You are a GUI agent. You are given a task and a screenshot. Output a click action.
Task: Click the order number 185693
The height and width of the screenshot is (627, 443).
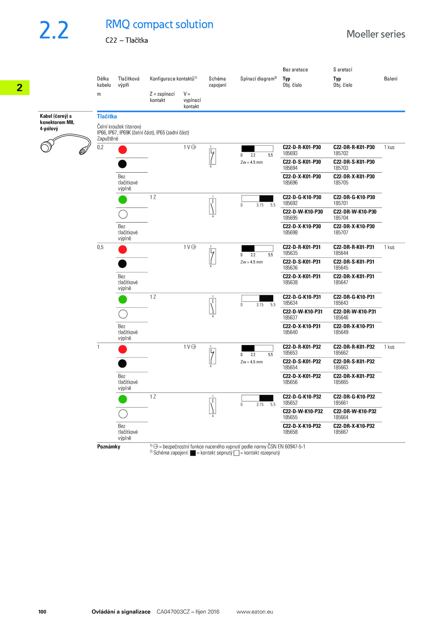click(x=290, y=153)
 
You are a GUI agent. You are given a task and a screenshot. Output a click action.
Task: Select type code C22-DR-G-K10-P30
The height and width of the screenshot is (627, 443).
click(x=354, y=197)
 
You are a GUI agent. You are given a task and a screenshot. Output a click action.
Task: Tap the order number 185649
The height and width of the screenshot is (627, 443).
click(x=341, y=332)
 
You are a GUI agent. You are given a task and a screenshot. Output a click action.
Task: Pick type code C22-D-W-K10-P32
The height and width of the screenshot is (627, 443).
click(x=303, y=411)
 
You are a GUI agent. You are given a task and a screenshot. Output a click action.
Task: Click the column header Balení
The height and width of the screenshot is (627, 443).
click(x=390, y=79)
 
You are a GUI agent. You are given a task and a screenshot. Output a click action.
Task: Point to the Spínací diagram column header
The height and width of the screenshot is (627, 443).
click(x=258, y=79)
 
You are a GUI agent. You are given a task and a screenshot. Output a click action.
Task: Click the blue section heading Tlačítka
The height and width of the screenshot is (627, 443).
click(x=107, y=116)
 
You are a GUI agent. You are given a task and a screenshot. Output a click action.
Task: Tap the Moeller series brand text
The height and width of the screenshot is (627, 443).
click(x=376, y=34)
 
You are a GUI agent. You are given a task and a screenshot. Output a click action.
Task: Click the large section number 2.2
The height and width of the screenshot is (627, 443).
click(x=54, y=30)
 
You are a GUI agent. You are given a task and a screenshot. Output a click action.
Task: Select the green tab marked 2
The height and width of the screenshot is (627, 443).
click(x=15, y=88)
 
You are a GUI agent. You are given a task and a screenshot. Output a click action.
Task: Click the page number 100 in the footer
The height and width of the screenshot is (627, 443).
click(x=42, y=611)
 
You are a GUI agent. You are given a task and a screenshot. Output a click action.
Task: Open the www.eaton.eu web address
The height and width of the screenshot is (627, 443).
click(x=254, y=611)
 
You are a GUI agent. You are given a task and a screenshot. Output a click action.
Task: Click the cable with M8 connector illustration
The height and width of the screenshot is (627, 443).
click(x=66, y=144)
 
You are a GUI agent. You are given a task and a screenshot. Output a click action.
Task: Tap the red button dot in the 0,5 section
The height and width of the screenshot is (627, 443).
click(x=123, y=250)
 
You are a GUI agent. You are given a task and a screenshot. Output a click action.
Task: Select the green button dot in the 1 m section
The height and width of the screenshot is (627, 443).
click(x=123, y=399)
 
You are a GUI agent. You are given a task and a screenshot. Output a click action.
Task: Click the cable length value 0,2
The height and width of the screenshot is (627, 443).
click(x=100, y=147)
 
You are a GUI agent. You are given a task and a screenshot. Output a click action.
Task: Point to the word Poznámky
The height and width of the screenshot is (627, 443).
click(x=109, y=447)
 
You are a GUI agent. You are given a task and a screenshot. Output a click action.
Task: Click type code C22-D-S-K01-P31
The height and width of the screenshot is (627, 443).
click(x=302, y=262)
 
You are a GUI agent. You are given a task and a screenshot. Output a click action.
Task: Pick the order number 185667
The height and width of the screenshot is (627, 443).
click(x=341, y=432)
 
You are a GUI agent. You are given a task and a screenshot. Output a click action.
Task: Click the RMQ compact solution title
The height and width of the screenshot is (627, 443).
click(x=159, y=24)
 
